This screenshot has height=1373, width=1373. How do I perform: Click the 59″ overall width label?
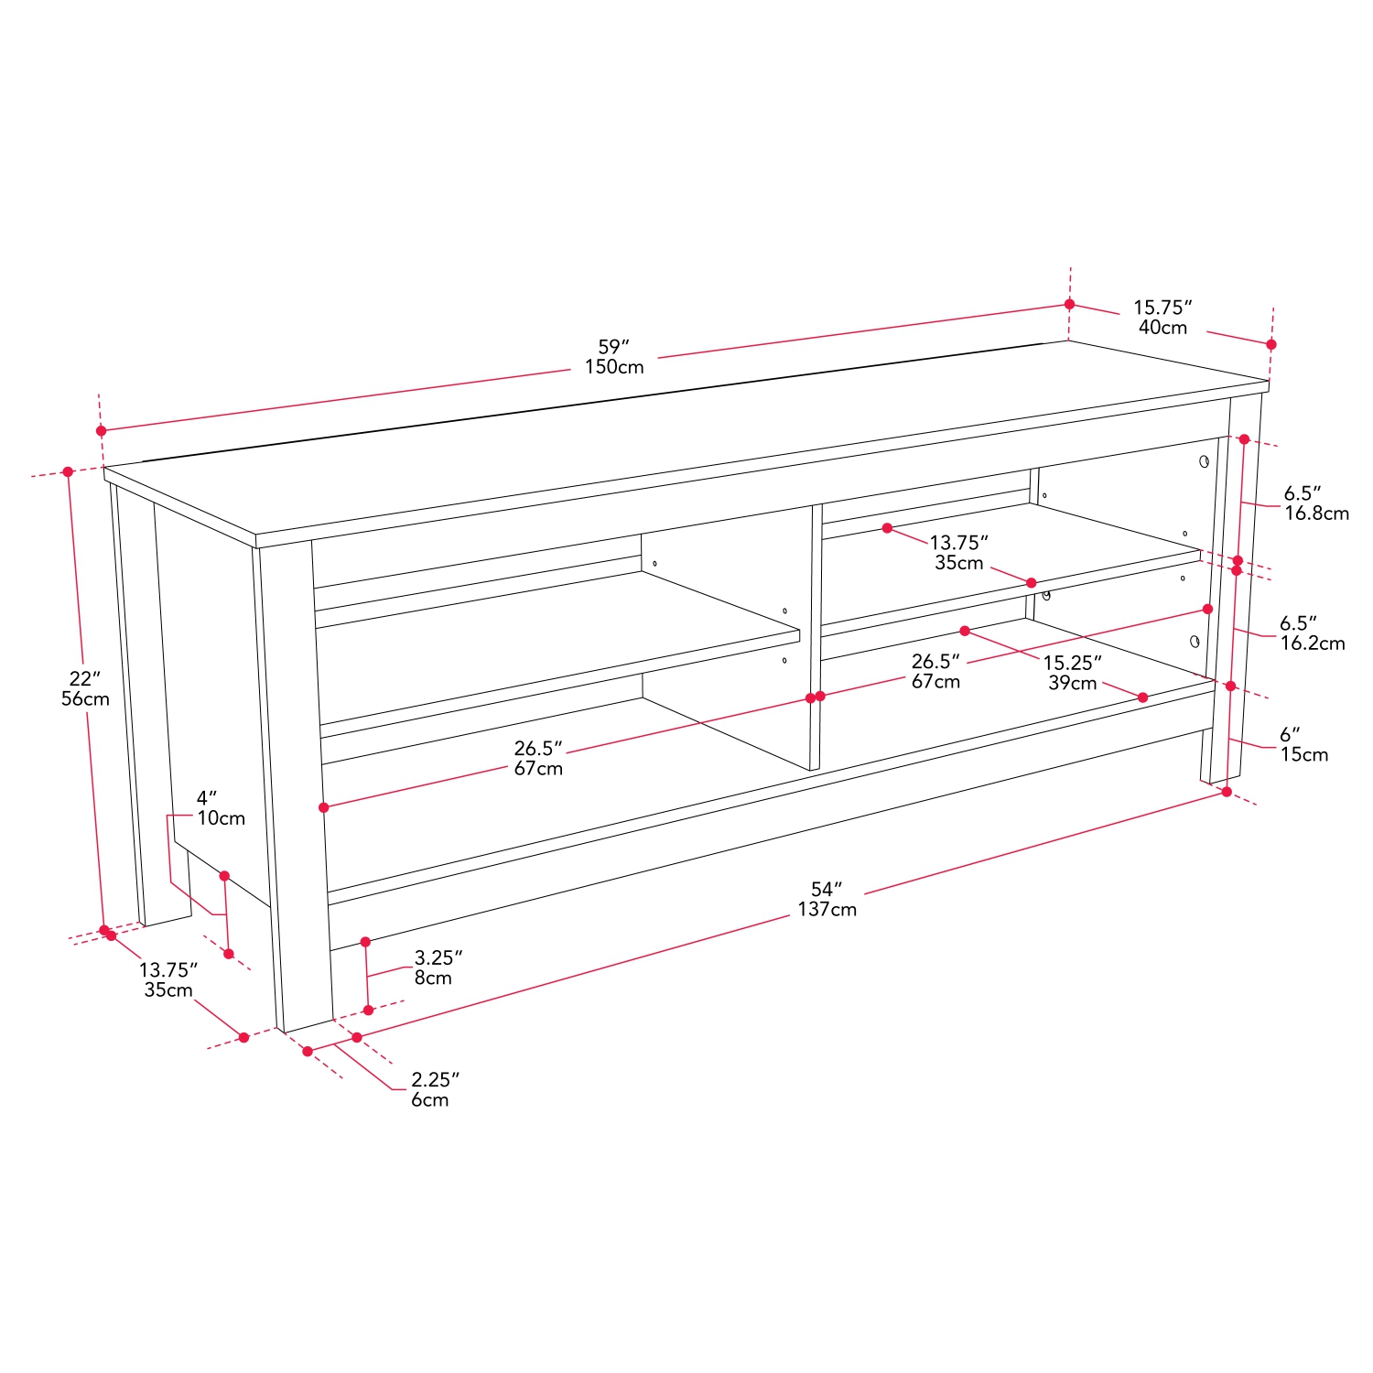614,347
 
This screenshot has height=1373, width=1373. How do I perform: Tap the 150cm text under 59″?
614,367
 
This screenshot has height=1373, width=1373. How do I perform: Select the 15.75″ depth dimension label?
1162,308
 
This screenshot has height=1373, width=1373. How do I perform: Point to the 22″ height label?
84,678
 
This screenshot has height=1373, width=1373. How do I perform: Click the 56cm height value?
85,699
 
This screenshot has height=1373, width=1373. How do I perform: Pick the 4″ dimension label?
207,798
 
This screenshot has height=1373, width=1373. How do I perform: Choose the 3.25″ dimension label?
438,957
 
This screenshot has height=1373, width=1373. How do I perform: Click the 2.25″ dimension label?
435,1079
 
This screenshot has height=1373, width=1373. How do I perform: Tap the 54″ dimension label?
826,889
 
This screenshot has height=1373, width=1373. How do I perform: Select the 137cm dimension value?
827,909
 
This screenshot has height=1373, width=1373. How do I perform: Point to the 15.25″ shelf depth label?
1072,663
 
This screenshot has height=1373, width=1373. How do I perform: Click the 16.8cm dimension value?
1316,514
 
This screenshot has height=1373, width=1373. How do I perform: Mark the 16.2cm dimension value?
1313,643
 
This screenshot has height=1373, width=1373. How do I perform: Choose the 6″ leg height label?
1290,734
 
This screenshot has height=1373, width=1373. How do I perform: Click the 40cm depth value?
1162,328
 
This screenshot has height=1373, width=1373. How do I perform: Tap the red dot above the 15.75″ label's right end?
1270,344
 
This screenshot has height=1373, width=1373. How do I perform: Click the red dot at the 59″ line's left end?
101,430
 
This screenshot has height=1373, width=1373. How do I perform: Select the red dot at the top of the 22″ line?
68,472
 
